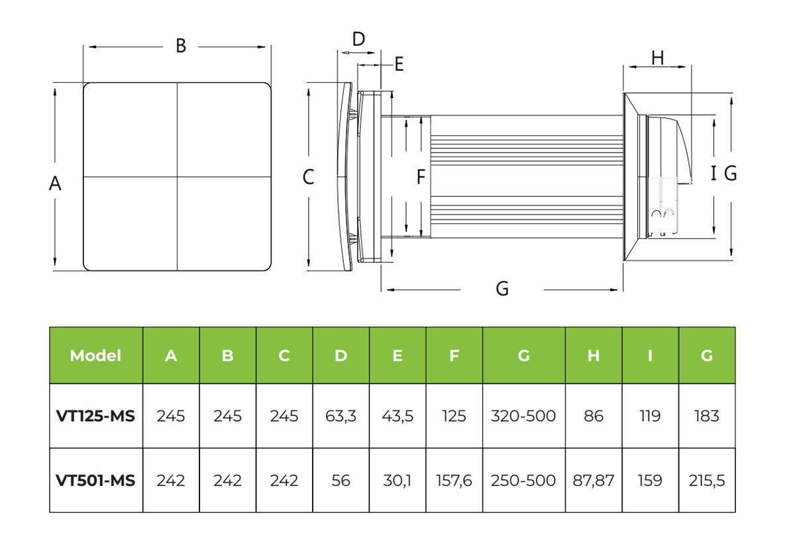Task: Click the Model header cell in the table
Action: [95, 355]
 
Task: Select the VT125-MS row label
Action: [95, 416]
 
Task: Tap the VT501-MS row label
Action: [95, 481]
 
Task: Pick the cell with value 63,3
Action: [341, 416]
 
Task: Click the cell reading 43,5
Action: [397, 416]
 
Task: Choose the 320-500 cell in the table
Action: [523, 416]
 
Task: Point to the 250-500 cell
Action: [523, 481]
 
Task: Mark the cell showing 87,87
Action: [594, 481]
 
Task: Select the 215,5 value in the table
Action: [707, 481]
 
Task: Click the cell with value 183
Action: [707, 416]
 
